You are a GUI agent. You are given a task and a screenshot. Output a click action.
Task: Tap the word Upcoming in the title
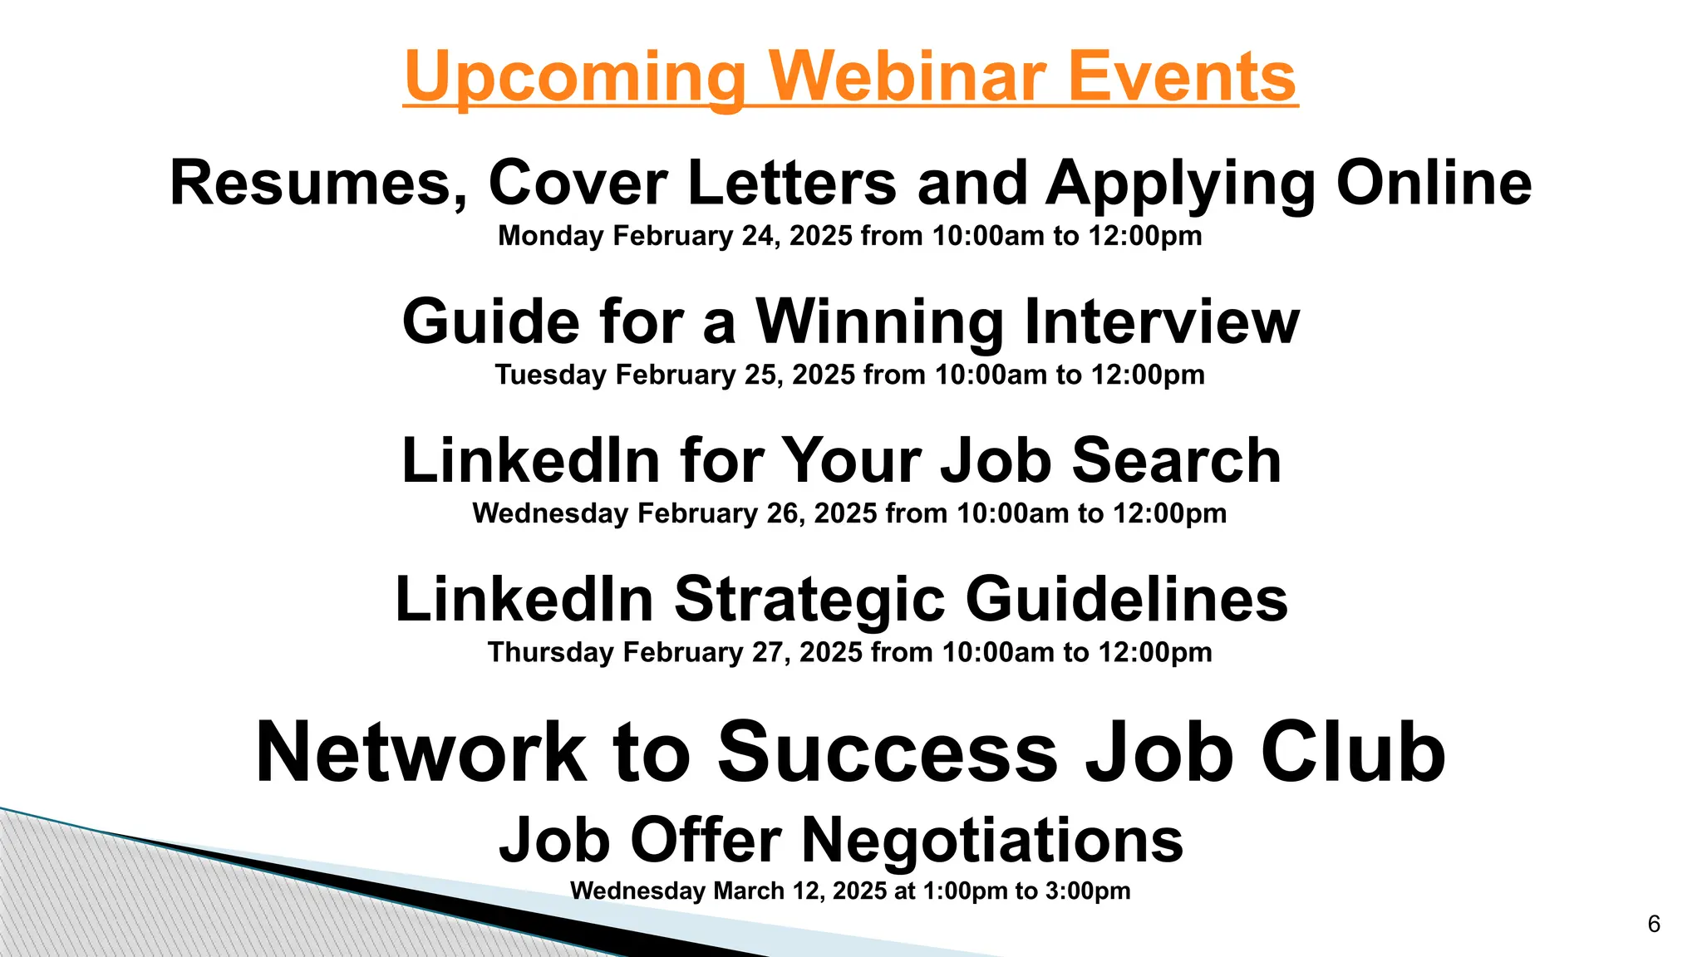575,76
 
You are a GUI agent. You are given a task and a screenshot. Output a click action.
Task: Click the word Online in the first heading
1434,183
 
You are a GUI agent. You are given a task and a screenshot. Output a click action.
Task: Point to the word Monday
550,236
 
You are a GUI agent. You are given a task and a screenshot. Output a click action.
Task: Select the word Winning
880,322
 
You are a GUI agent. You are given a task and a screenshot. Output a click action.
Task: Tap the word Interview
1162,322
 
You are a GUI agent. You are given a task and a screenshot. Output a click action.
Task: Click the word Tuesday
550,375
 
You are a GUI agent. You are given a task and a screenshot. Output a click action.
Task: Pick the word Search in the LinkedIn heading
1177,460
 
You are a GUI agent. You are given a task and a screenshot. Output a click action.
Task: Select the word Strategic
809,600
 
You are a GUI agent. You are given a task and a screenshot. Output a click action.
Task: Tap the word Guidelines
1127,600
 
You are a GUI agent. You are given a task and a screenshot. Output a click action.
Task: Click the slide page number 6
1654,924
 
